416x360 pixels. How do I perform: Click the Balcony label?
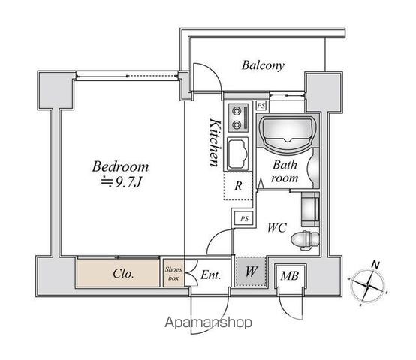tap(263, 65)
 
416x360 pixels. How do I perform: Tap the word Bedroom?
tap(120, 166)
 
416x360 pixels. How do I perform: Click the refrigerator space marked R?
tap(238, 186)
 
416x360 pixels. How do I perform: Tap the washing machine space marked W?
tap(251, 271)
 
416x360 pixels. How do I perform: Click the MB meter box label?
tap(290, 276)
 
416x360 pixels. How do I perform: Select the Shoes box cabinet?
tap(173, 273)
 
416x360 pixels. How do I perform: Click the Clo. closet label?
tap(123, 274)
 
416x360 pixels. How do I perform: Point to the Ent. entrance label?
tap(211, 274)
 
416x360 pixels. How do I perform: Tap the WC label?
tap(277, 227)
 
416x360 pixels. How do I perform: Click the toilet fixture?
tap(305, 240)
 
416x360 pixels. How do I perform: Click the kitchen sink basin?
tap(238, 154)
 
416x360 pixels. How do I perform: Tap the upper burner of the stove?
tap(236, 110)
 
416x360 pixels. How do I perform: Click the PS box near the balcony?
tap(261, 106)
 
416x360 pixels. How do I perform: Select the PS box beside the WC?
tap(244, 219)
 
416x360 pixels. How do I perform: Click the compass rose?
tap(367, 285)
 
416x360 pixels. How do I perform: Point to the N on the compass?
tap(375, 265)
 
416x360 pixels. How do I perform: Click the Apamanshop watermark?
tap(209, 322)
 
